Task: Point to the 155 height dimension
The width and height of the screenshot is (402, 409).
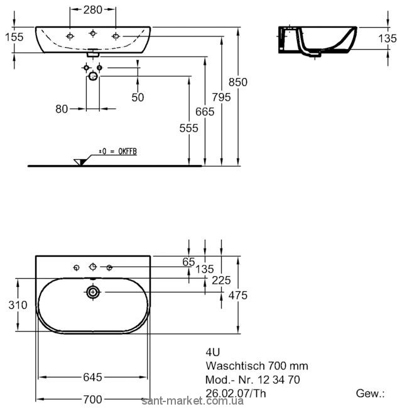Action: click(13, 37)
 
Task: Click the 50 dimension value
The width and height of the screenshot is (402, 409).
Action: click(138, 97)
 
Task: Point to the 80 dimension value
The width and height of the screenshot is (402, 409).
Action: click(62, 108)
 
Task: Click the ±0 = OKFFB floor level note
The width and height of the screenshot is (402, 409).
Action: click(117, 152)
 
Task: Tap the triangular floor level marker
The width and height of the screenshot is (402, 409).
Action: click(79, 162)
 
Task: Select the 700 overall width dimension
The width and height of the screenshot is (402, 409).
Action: click(92, 399)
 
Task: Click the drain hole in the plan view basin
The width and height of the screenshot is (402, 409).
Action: click(93, 292)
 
